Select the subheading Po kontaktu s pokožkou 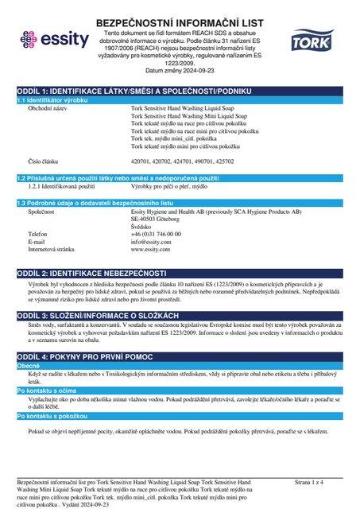coord(53,416)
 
